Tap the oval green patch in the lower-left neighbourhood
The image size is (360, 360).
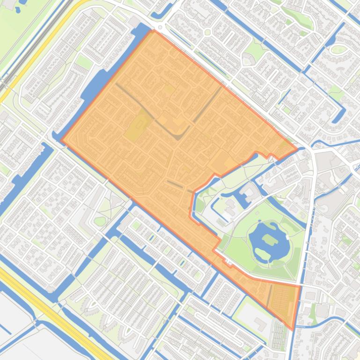[x=100, y=221]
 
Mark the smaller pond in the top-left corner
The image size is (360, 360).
[x=18, y=9]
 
